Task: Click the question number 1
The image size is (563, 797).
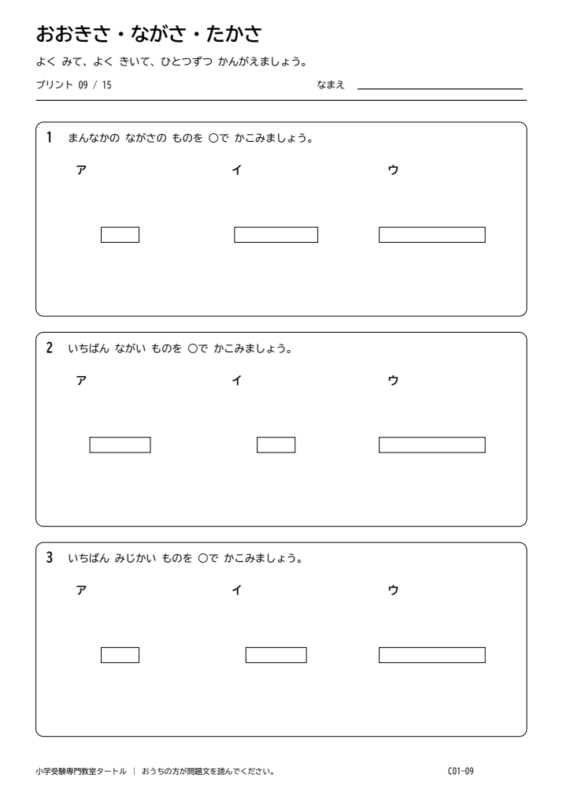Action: tap(50, 137)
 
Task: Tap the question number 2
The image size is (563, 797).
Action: tap(50, 348)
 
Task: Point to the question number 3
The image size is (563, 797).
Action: tap(50, 557)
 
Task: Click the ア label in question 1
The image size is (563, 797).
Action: tap(81, 169)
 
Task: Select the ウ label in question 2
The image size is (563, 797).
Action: tap(393, 380)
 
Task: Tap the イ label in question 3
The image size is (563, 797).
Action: tap(236, 590)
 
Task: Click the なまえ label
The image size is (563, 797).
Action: tap(331, 85)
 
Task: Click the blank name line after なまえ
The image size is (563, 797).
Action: tap(440, 89)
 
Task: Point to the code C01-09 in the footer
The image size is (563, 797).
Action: tap(461, 771)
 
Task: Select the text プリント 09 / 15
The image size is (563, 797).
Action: tap(73, 85)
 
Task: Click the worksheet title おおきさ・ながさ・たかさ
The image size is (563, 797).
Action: tap(149, 34)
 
